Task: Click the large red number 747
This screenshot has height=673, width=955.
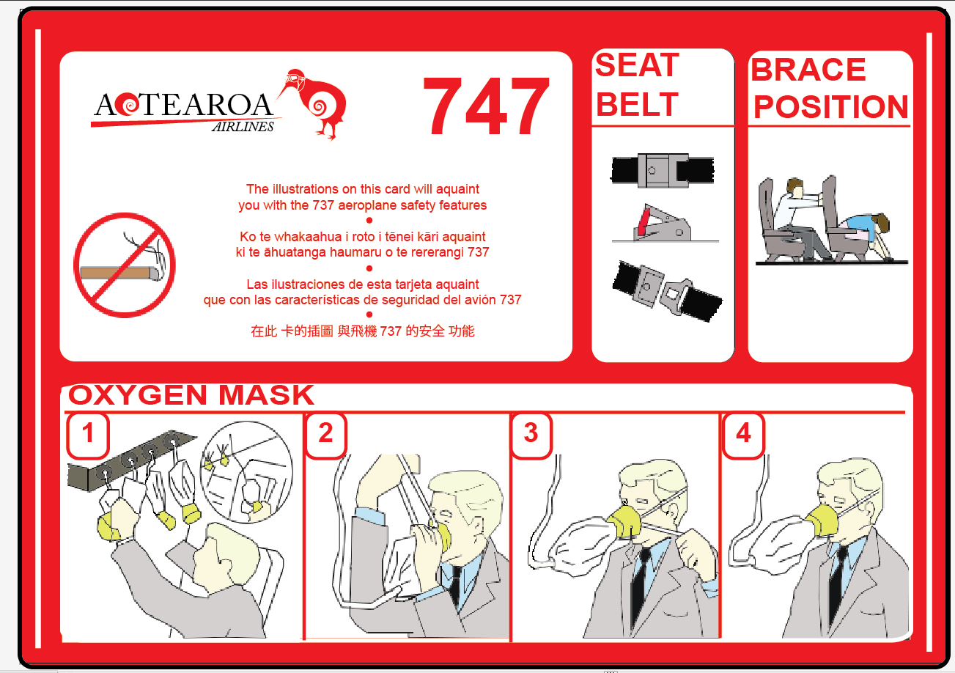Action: (486, 107)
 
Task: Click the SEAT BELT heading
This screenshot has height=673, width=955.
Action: (637, 86)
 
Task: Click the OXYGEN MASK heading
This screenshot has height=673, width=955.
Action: (191, 395)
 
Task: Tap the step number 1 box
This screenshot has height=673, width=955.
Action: (88, 434)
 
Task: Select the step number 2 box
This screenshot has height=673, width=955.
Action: (325, 434)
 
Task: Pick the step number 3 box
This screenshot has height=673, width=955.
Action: (531, 434)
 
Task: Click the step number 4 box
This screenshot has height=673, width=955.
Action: (743, 434)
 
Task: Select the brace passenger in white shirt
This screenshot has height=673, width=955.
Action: (795, 213)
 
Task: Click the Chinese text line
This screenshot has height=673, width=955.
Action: (363, 331)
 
